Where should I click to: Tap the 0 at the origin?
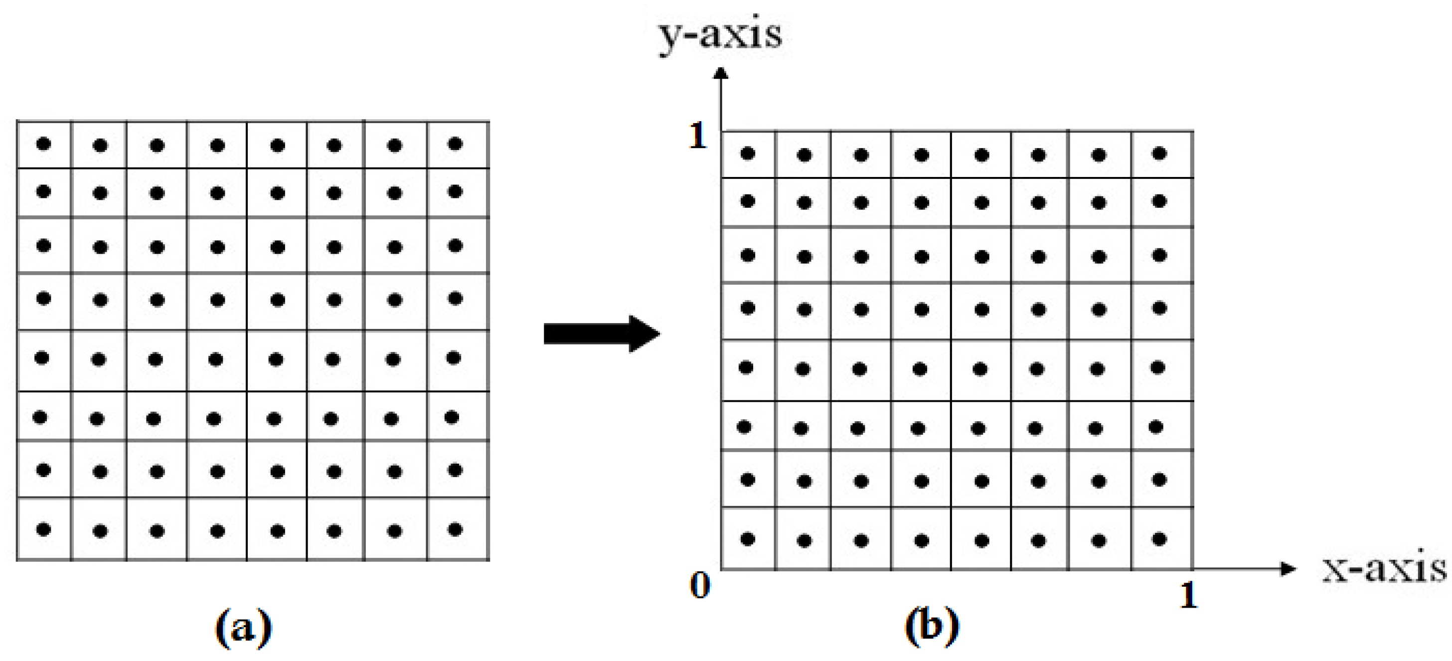(699, 586)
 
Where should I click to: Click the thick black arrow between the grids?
(602, 333)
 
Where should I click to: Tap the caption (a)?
(244, 627)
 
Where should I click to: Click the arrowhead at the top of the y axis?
(721, 73)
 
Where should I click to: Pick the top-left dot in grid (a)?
(43, 144)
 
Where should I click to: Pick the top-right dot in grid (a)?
(455, 144)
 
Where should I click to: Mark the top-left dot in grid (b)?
(747, 153)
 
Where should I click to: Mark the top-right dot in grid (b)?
(1159, 153)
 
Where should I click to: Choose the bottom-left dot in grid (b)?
(747, 539)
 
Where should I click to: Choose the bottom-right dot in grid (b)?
(1159, 539)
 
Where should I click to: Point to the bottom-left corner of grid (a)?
(17, 560)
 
